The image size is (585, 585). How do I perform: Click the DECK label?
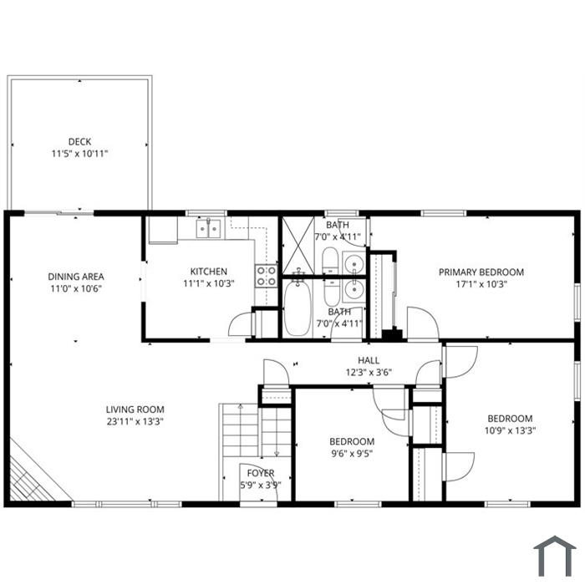click(79, 142)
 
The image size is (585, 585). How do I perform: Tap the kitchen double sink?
click(209, 227)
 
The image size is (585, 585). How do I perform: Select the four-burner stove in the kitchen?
click(266, 276)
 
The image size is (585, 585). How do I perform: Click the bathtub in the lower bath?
click(298, 308)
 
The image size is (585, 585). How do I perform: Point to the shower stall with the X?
click(298, 246)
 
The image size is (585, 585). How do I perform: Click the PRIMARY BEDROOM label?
click(481, 272)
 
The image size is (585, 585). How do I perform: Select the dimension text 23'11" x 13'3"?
click(135, 421)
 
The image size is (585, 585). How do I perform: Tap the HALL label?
click(369, 360)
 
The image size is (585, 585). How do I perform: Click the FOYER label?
click(261, 473)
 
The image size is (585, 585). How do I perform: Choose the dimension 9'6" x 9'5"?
click(352, 453)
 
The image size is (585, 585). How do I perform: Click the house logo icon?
click(555, 556)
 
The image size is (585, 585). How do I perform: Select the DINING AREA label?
click(76, 277)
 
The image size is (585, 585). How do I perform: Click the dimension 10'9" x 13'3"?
click(510, 430)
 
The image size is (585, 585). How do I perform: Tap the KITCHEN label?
click(209, 272)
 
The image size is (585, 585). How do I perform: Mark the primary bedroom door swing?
click(422, 323)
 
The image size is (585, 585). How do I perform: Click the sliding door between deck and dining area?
click(59, 213)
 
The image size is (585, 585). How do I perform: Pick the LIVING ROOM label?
click(135, 409)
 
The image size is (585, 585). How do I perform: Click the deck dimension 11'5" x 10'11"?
click(79, 153)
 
